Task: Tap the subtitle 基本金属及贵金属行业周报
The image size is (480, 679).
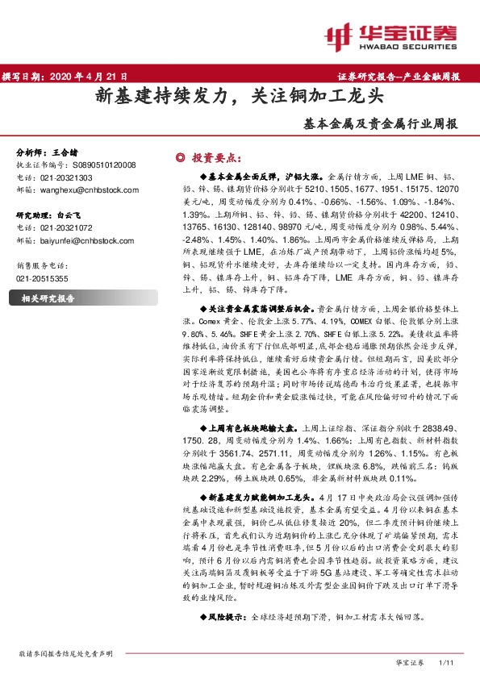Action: tap(380, 125)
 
